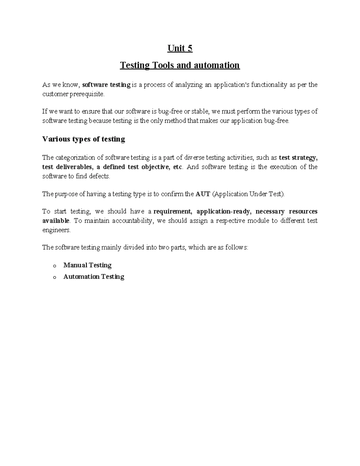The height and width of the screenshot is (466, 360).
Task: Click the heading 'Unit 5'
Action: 180,48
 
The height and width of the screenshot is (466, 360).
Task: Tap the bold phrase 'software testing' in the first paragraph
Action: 106,85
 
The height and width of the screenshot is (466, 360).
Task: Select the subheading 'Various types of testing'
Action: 84,139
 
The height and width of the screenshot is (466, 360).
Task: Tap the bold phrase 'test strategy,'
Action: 298,158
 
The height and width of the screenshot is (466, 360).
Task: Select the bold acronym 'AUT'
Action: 203,194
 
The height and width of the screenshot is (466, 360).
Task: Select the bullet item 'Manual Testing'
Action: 87,265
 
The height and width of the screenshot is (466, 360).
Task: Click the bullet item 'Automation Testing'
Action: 94,277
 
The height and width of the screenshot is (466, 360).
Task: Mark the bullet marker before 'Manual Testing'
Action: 54,266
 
